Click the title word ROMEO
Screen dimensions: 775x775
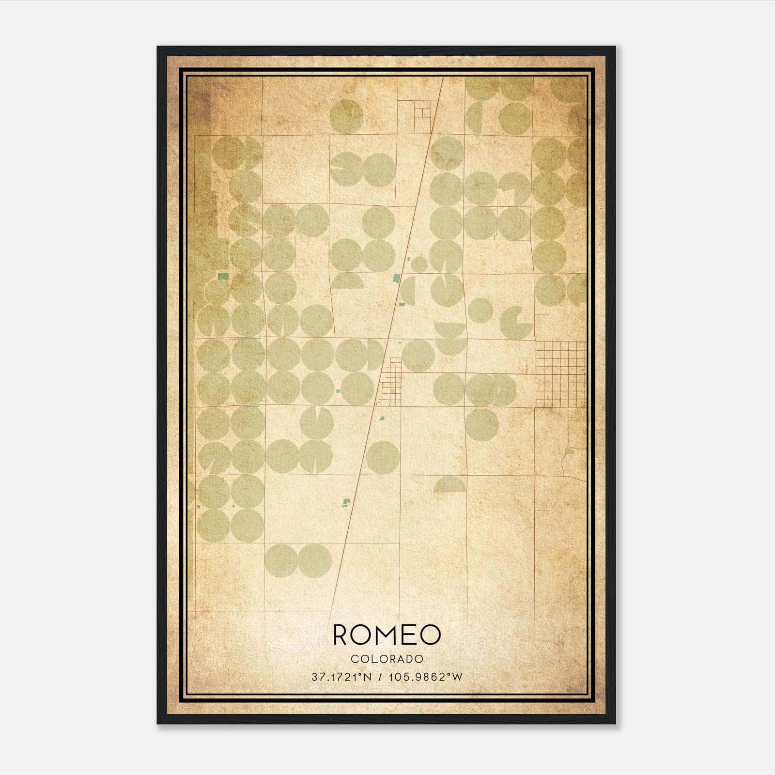pos(387,635)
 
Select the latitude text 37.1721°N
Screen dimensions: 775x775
pos(341,677)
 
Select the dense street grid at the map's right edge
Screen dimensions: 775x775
pos(560,374)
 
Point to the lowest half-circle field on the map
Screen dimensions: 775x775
pos(450,485)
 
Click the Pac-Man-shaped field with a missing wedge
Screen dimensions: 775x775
pos(515,323)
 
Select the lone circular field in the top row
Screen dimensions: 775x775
pos(346,116)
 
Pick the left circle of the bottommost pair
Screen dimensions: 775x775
pos(281,560)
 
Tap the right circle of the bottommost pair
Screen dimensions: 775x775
pos(314,560)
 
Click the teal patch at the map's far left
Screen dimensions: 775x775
pos(223,277)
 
